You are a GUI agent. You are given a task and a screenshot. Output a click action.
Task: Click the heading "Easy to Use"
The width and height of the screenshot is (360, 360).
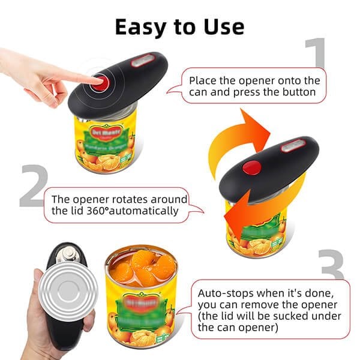pos(179,26)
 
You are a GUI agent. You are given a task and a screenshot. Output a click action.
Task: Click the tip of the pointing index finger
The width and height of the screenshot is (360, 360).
pos(95,79)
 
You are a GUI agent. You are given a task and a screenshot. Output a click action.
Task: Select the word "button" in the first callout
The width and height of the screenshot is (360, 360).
pos(295,92)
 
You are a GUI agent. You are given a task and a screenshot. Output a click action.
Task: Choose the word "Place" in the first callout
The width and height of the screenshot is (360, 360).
pos(202,80)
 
